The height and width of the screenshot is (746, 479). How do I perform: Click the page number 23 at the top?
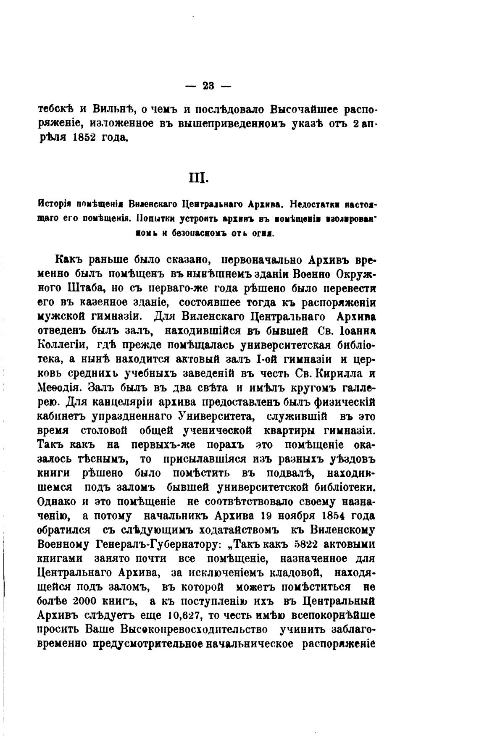(x=208, y=86)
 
